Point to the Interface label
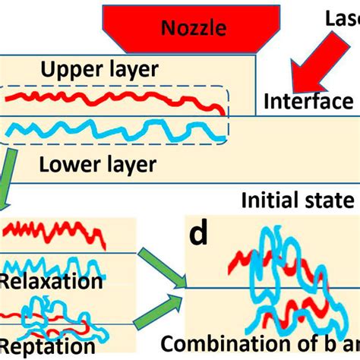(308, 101)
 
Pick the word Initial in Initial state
(273, 201)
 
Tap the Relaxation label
(52, 282)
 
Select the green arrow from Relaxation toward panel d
(162, 267)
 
